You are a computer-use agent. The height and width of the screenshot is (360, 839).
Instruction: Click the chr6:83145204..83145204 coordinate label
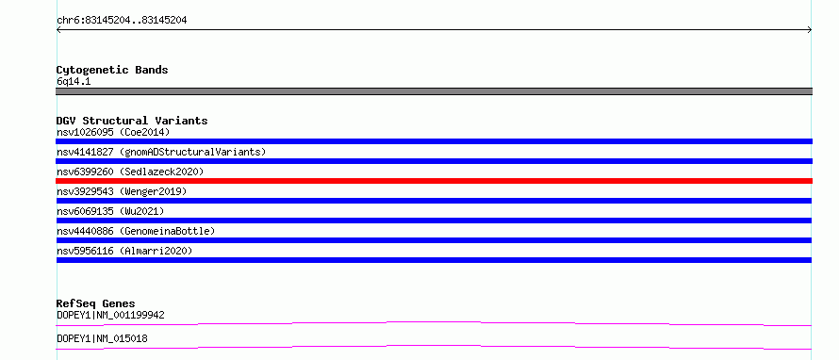(122, 21)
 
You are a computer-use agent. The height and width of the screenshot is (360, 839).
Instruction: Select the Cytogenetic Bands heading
(112, 70)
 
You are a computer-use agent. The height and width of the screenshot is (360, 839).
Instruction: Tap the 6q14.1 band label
(74, 82)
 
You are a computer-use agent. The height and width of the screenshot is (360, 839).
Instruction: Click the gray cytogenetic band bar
(434, 91)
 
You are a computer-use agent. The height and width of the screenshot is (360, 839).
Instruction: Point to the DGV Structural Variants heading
(132, 121)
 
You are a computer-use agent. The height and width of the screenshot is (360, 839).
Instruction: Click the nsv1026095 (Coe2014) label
(113, 132)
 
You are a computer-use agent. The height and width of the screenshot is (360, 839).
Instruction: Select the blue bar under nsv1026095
(434, 141)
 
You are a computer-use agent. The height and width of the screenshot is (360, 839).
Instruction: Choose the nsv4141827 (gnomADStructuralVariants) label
(161, 152)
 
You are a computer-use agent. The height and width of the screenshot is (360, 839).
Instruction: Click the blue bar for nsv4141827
(434, 161)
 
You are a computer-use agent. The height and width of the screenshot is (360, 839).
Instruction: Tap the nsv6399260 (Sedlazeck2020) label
(130, 172)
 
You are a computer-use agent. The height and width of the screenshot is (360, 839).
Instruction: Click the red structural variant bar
(434, 181)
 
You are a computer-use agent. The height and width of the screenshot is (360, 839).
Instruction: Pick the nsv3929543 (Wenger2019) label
(122, 191)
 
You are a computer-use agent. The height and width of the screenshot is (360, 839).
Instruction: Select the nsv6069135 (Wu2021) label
(110, 211)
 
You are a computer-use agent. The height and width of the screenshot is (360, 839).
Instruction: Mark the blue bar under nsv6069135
(434, 221)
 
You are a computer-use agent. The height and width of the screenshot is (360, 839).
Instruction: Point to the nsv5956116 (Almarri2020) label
(124, 251)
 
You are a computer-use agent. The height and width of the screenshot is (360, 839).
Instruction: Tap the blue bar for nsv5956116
(434, 260)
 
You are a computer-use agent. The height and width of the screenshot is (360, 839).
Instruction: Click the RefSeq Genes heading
(96, 303)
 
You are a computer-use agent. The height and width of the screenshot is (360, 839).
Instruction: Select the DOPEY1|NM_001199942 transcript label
(110, 315)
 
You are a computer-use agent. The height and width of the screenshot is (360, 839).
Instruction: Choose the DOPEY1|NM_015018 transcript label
(102, 338)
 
